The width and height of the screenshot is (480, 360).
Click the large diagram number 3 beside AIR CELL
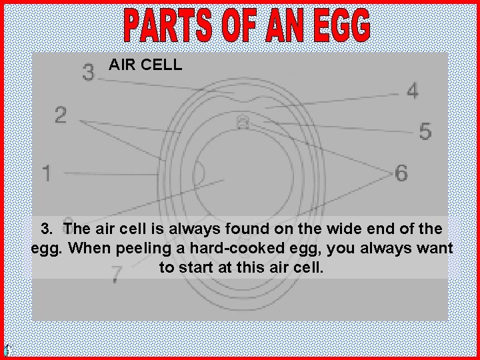(88, 71)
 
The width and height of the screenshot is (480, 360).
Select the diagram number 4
(413, 91)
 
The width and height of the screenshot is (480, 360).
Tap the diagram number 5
(425, 131)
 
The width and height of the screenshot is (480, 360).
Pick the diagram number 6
(401, 173)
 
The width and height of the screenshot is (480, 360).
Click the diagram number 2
(61, 115)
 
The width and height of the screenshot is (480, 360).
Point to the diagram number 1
(47, 173)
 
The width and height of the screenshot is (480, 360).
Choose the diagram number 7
(116, 273)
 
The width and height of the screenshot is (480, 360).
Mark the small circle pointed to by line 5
(243, 123)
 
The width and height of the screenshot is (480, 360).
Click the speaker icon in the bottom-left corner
(7, 351)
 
